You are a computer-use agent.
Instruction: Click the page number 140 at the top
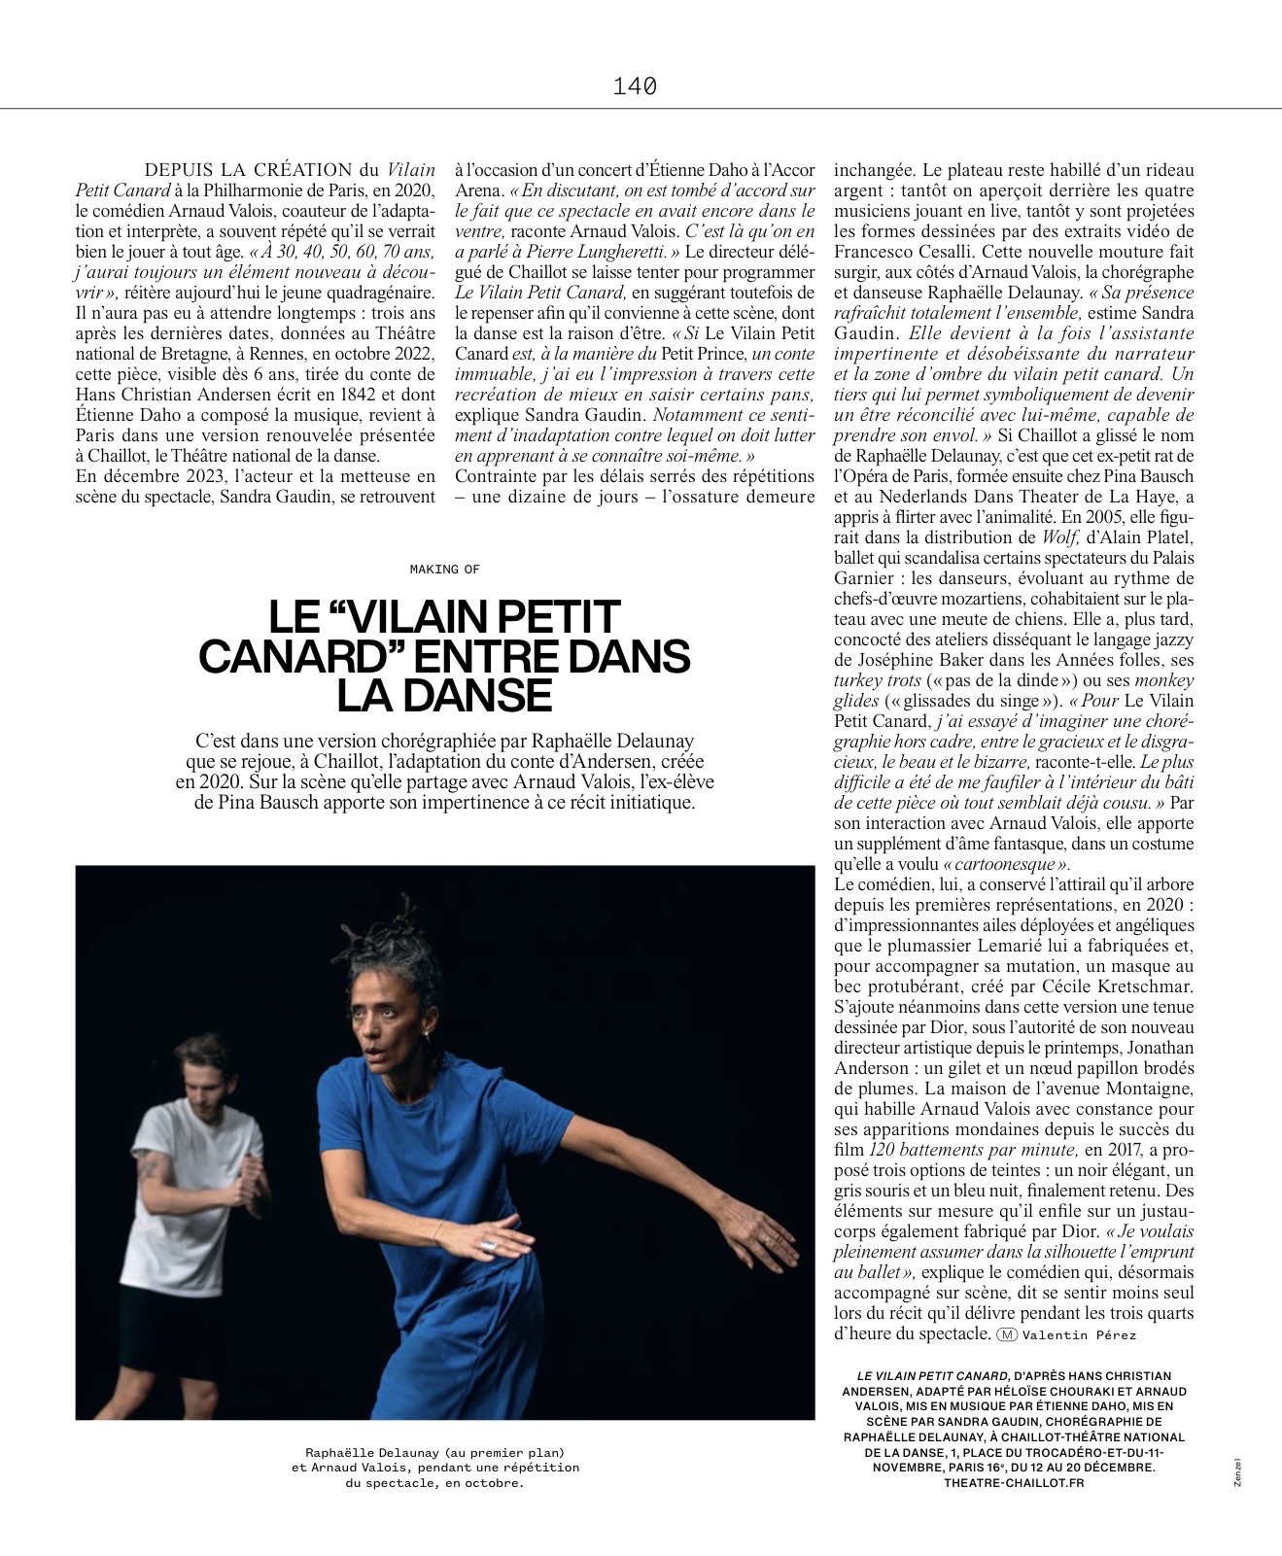pyautogui.click(x=636, y=86)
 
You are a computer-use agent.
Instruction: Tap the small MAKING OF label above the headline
pyautogui.click(x=445, y=569)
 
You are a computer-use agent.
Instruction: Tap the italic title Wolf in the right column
pyautogui.click(x=1058, y=536)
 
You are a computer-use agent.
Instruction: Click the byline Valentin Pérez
pyautogui.click(x=1079, y=1334)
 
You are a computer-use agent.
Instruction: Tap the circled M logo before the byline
pyautogui.click(x=1007, y=1334)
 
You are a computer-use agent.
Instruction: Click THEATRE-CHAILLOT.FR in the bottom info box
pyautogui.click(x=1014, y=1482)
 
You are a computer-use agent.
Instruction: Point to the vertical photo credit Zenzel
pyautogui.click(x=1238, y=1470)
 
